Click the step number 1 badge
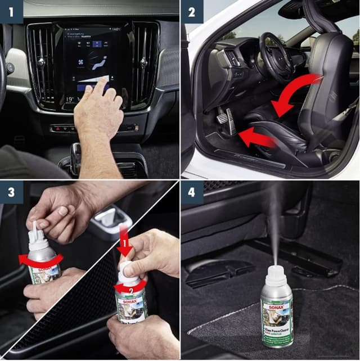point(11,11)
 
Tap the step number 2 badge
point(192,11)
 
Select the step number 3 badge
point(11,192)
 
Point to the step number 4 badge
point(192,192)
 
